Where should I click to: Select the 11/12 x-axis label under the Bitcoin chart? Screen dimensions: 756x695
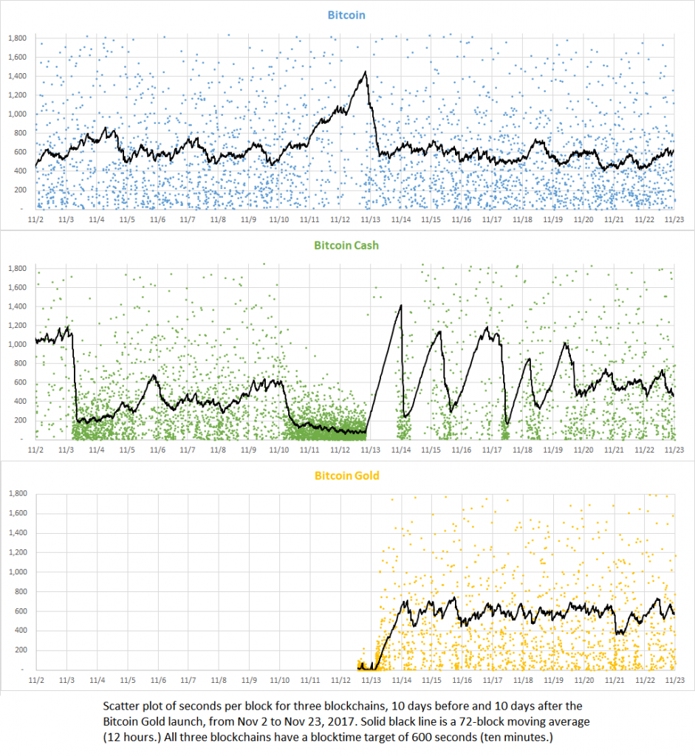(x=340, y=219)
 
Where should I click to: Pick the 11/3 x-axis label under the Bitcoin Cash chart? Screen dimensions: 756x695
(x=66, y=450)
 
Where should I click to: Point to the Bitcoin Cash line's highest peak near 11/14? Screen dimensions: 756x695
(x=401, y=305)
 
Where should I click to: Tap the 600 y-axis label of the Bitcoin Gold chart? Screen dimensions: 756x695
(x=20, y=611)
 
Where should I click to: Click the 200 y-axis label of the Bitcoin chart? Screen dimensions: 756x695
(x=20, y=190)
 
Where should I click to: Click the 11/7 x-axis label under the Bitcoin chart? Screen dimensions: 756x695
(x=188, y=219)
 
